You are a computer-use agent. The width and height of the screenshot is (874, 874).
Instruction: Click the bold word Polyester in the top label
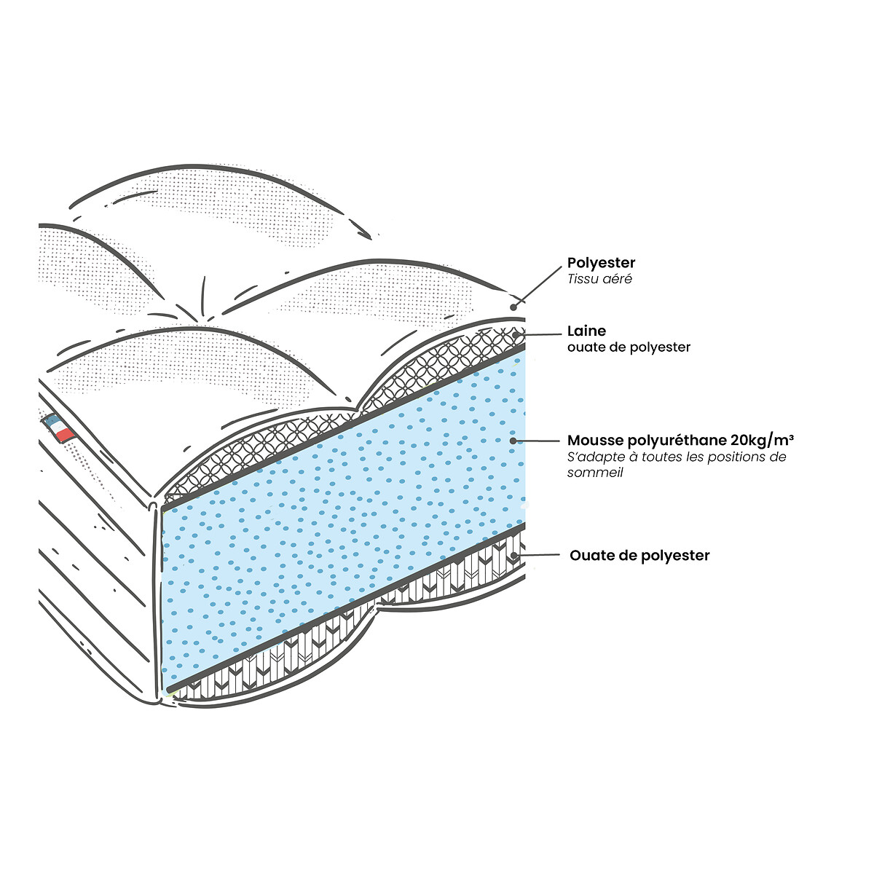click(x=601, y=263)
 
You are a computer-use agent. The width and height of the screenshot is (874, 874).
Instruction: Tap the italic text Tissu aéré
click(x=599, y=279)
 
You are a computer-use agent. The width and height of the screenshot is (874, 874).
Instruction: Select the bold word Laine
click(x=586, y=331)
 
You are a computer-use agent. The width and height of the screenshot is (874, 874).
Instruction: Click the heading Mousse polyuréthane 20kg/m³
click(x=680, y=441)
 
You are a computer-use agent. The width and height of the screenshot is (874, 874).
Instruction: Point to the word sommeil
click(x=595, y=473)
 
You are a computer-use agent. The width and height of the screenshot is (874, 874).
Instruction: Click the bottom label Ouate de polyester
click(x=639, y=556)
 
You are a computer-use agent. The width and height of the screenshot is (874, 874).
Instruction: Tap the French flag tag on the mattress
click(x=59, y=427)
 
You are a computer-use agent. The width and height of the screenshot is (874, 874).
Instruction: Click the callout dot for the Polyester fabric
click(x=513, y=307)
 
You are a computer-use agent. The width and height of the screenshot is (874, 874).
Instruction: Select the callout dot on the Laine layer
click(x=515, y=335)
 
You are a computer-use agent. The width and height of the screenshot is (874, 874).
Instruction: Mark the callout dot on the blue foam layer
click(x=513, y=441)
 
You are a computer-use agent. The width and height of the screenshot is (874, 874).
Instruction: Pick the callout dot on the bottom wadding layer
click(x=514, y=555)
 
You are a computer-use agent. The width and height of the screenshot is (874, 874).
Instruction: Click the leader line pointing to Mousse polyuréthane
click(x=537, y=441)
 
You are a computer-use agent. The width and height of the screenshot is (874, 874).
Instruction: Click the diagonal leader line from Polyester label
click(x=538, y=286)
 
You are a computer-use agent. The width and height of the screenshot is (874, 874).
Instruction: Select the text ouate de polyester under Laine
click(x=629, y=347)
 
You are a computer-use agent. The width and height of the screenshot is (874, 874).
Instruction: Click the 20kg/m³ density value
click(x=762, y=441)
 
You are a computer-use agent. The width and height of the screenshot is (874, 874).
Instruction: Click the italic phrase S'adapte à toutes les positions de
click(x=676, y=457)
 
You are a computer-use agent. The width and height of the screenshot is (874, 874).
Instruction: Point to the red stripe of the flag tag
click(x=65, y=434)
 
